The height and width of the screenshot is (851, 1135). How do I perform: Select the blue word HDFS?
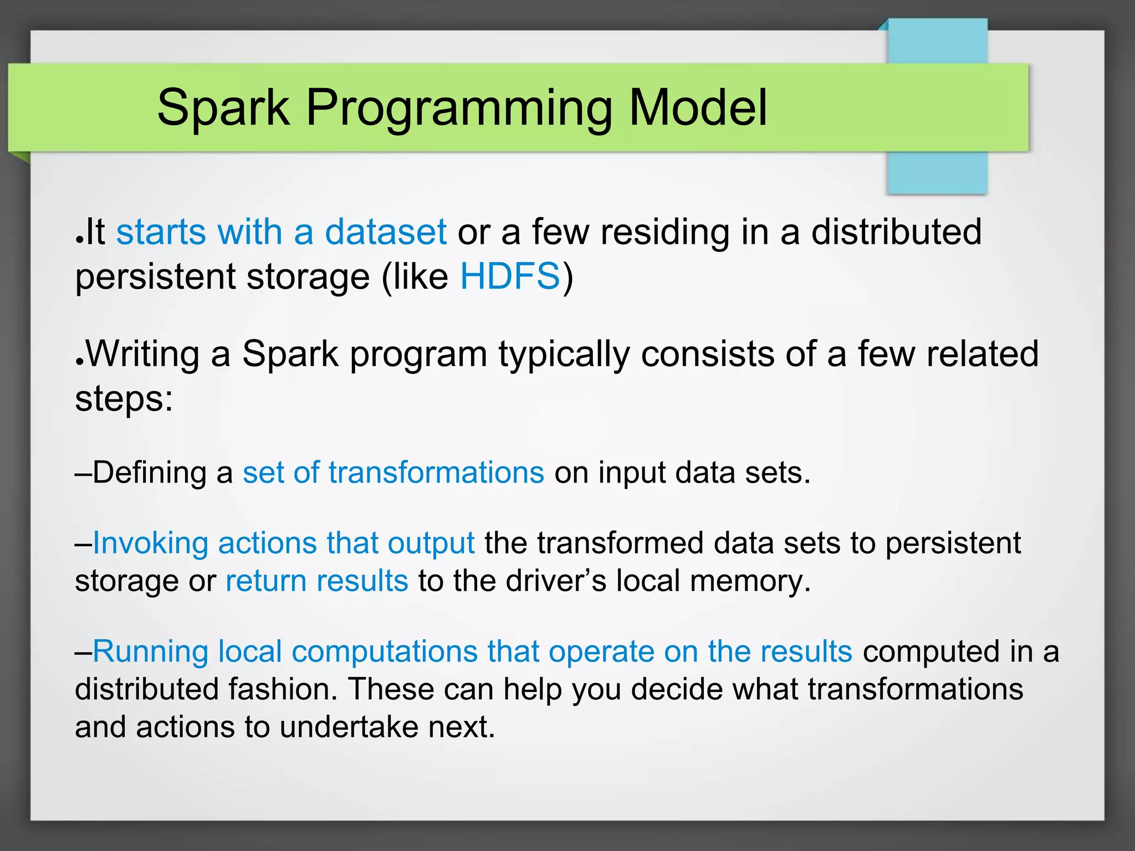pos(510,276)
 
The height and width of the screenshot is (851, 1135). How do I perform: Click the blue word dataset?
pos(385,232)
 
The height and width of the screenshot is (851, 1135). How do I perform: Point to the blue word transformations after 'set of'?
pos(436,473)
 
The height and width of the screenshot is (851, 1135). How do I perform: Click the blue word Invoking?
pos(150,543)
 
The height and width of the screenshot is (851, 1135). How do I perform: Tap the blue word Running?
pos(150,652)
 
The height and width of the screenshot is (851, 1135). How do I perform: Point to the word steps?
pos(124,399)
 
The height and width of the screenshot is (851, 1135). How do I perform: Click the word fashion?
pos(283,689)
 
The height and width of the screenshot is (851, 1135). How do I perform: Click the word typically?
pos(564,355)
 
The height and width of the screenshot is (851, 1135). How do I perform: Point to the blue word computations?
pos(385,652)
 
